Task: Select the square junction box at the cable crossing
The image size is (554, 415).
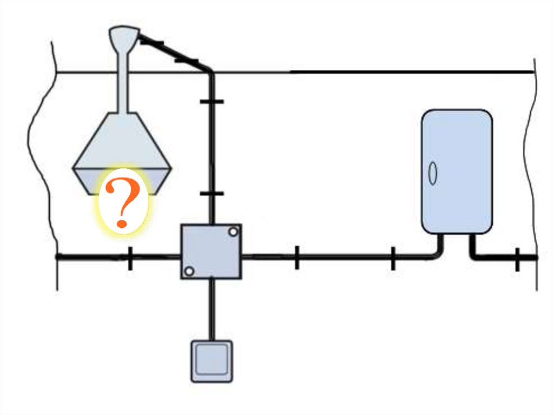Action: point(211,252)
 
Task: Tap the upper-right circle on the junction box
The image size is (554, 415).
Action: point(233,232)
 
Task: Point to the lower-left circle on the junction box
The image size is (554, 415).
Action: point(189,271)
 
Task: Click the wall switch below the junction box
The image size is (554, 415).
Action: point(212,361)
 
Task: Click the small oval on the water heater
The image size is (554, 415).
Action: point(433,174)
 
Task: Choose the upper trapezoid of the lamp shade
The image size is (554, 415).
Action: point(123,141)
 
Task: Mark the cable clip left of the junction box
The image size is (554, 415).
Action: point(130,258)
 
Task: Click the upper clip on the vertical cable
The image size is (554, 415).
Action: point(212,101)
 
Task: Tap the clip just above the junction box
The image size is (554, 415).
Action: point(212,193)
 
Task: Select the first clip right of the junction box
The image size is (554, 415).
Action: point(296,257)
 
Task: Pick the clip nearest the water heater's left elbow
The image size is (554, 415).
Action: point(393,258)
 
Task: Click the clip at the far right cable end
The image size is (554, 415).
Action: point(518,259)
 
